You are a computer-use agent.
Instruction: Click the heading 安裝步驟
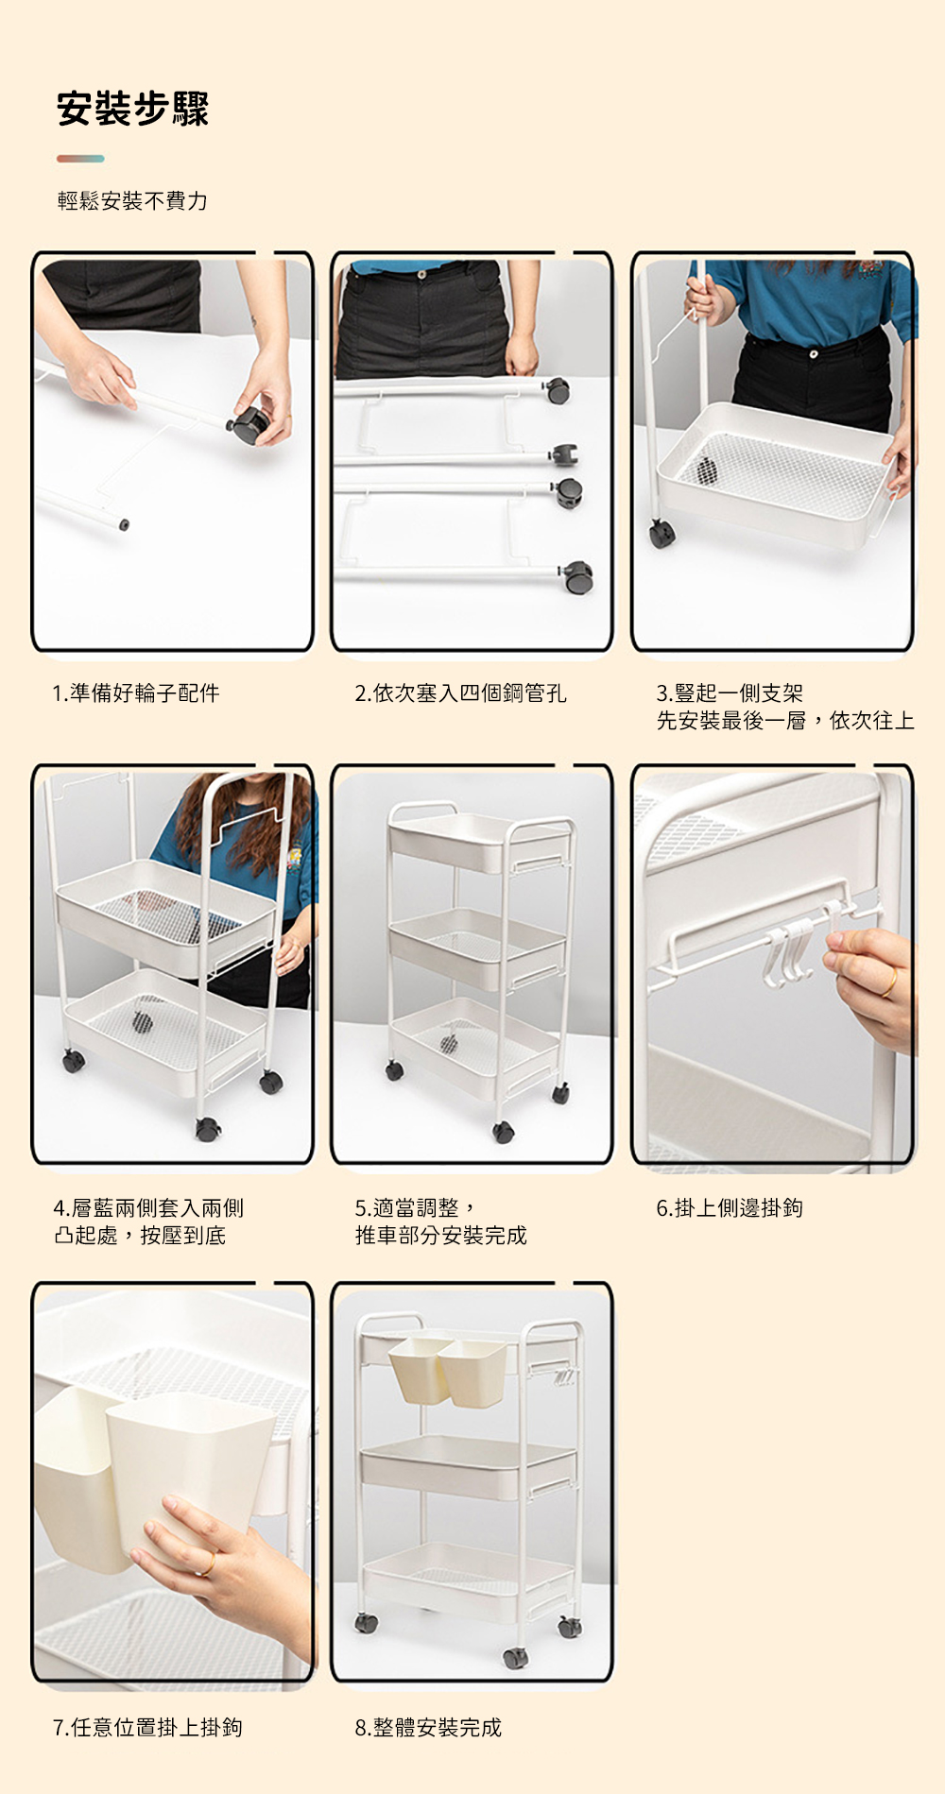132,109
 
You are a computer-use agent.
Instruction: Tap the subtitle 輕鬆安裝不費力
132,200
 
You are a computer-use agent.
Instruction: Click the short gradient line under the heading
80,159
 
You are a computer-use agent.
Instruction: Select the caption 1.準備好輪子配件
136,693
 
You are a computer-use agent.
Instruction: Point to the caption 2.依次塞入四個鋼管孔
460,693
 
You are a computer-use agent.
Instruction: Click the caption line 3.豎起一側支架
730,693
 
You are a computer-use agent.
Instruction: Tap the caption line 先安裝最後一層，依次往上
785,721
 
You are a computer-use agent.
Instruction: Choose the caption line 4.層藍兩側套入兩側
148,1208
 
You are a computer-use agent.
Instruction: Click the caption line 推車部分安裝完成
440,1236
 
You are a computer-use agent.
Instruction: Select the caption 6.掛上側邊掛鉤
730,1208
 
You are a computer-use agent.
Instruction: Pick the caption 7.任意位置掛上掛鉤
147,1728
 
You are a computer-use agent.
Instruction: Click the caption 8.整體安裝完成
428,1728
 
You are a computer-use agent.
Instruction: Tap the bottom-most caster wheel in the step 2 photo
577,576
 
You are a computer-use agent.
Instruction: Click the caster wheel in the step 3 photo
661,534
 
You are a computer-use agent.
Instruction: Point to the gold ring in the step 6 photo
890,982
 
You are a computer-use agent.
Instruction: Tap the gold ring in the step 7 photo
207,1564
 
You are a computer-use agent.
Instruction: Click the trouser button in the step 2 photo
421,274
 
